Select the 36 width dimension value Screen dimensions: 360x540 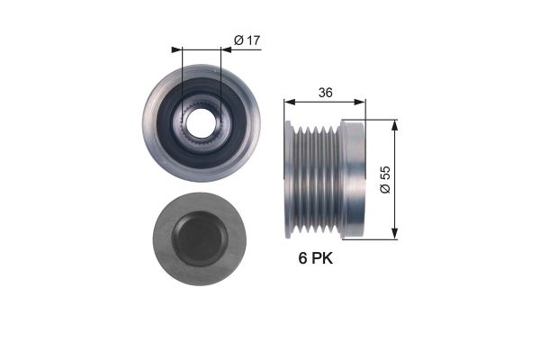tap(325, 91)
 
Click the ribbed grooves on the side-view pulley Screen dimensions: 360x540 tap(320, 179)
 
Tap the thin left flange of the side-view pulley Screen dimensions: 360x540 tap(289, 179)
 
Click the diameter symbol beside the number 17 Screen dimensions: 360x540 tap(238, 40)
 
